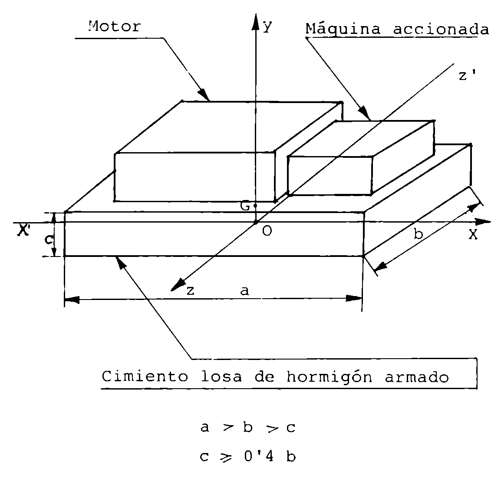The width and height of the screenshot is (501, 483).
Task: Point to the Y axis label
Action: [268, 27]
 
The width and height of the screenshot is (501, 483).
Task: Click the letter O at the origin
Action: [267, 231]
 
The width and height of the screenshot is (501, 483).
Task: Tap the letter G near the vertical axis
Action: [245, 206]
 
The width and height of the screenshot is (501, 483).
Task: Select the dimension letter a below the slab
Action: [244, 291]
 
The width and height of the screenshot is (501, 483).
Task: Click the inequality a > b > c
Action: [248, 428]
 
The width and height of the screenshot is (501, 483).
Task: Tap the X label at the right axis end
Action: [473, 234]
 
